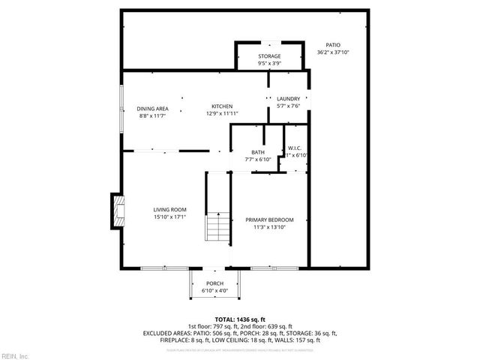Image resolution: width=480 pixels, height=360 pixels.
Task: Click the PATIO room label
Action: click(x=333, y=45)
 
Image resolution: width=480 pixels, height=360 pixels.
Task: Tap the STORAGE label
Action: click(x=270, y=56)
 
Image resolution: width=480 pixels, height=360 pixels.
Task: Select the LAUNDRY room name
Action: click(x=289, y=98)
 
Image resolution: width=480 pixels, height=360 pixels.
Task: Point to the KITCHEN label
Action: click(x=221, y=106)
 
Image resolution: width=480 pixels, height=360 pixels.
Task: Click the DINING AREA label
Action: click(x=152, y=108)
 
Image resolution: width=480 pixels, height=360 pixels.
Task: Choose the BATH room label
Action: click(x=258, y=152)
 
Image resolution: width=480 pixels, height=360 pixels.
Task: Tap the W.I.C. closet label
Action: click(x=295, y=148)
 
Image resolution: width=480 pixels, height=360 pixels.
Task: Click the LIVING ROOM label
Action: click(x=169, y=209)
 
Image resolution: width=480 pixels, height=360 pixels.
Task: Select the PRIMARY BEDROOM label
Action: click(x=269, y=220)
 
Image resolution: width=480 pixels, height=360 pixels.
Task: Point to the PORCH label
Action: click(x=215, y=283)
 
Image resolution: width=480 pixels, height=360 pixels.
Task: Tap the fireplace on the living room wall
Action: click(x=116, y=209)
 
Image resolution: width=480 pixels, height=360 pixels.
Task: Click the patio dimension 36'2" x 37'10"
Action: click(x=333, y=52)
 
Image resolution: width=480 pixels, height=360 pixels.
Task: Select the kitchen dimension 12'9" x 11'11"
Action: click(x=222, y=114)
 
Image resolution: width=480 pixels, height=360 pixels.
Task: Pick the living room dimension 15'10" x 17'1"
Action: click(x=169, y=217)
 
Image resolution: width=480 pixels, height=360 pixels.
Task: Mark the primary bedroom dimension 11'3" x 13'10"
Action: click(x=269, y=227)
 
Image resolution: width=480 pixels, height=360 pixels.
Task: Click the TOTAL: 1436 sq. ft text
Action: click(x=240, y=319)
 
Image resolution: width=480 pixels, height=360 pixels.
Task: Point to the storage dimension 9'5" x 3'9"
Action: click(x=270, y=64)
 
